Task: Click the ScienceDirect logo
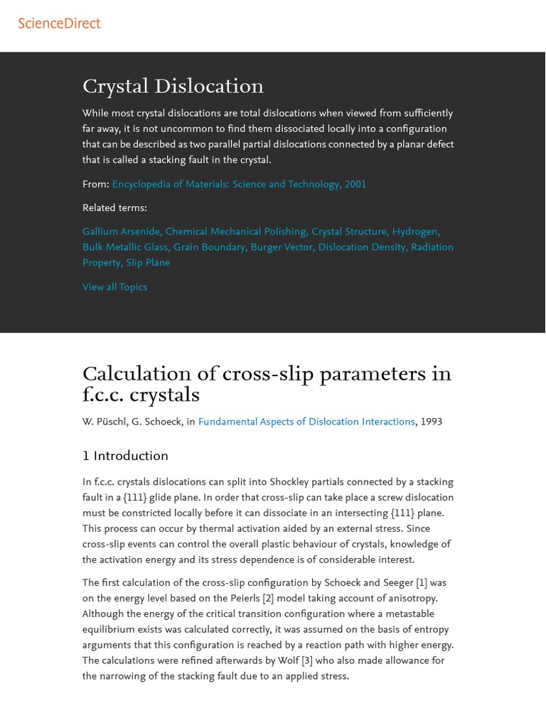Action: (x=59, y=23)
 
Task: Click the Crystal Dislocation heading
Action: (x=173, y=87)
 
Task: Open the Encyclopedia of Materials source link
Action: (x=239, y=184)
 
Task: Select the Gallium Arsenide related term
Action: (x=122, y=232)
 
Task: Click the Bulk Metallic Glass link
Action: (x=125, y=247)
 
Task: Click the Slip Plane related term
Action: (x=148, y=263)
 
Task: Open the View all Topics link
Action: (x=114, y=287)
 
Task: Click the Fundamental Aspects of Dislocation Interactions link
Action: (x=306, y=422)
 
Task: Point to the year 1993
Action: (x=431, y=422)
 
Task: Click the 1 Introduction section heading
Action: (x=125, y=456)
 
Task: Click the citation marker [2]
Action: (x=268, y=599)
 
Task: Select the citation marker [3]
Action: (x=307, y=661)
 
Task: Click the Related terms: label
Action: (x=114, y=208)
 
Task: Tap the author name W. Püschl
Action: (x=104, y=422)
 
